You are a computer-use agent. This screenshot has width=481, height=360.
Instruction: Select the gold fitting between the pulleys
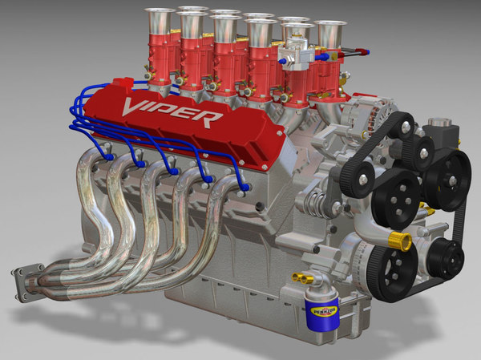coord(398,241)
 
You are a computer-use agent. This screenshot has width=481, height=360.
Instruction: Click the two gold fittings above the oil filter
coord(303,278)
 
